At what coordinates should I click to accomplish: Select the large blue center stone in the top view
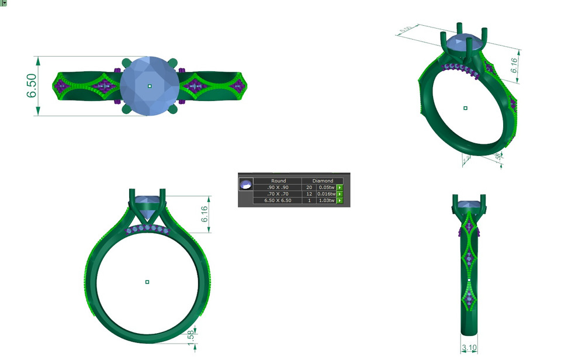pos(150,86)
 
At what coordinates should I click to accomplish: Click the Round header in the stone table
pos(278,181)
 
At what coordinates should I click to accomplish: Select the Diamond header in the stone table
pos(322,181)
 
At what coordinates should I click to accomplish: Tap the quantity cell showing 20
pos(309,188)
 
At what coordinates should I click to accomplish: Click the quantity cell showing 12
pos(309,194)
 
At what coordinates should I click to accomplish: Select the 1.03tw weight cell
pos(325,200)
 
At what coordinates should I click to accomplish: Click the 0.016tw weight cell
pos(325,194)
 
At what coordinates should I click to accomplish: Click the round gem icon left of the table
pos(246,185)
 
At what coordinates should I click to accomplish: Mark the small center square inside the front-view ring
pos(147,282)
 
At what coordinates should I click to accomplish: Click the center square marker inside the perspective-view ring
pos(465,108)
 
